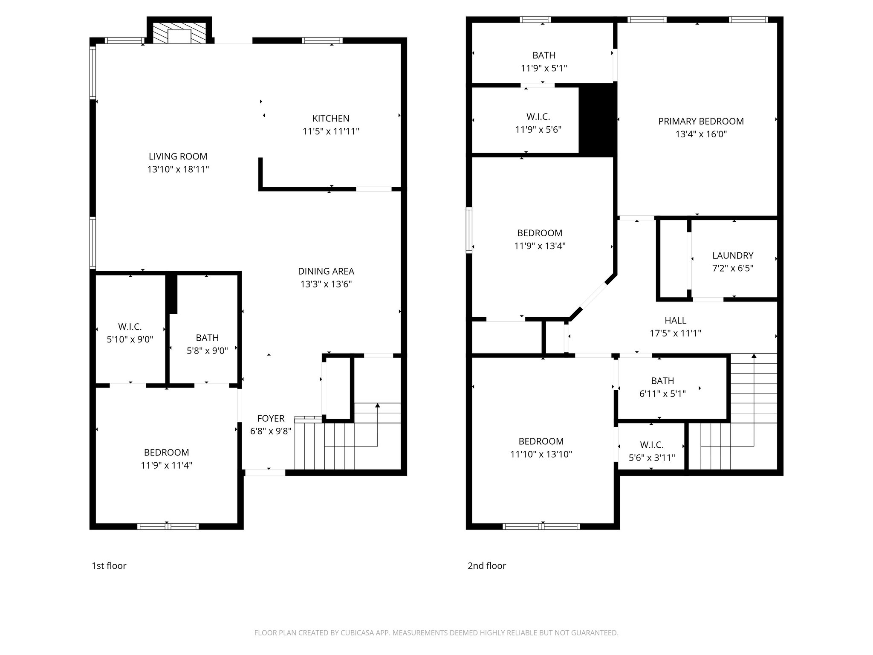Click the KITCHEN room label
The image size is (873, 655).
331,119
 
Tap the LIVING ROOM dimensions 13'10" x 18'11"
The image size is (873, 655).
178,169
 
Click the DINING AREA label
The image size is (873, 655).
326,271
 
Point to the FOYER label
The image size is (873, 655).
271,418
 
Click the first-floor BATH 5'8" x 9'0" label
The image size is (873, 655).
207,338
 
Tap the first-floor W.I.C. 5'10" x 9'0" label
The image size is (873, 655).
130,327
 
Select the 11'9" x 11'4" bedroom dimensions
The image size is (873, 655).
166,465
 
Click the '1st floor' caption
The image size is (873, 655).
109,565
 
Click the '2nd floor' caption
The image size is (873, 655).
487,565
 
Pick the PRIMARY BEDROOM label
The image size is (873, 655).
701,121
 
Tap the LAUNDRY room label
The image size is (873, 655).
733,255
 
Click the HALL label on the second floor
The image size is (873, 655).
675,320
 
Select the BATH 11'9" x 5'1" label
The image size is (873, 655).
543,55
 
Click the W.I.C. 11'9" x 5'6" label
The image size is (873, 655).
538,116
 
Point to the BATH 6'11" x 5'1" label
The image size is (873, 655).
662,381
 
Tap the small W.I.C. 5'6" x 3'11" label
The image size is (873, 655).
652,445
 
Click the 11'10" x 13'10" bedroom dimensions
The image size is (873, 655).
541,454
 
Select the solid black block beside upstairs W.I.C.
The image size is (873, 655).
597,119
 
